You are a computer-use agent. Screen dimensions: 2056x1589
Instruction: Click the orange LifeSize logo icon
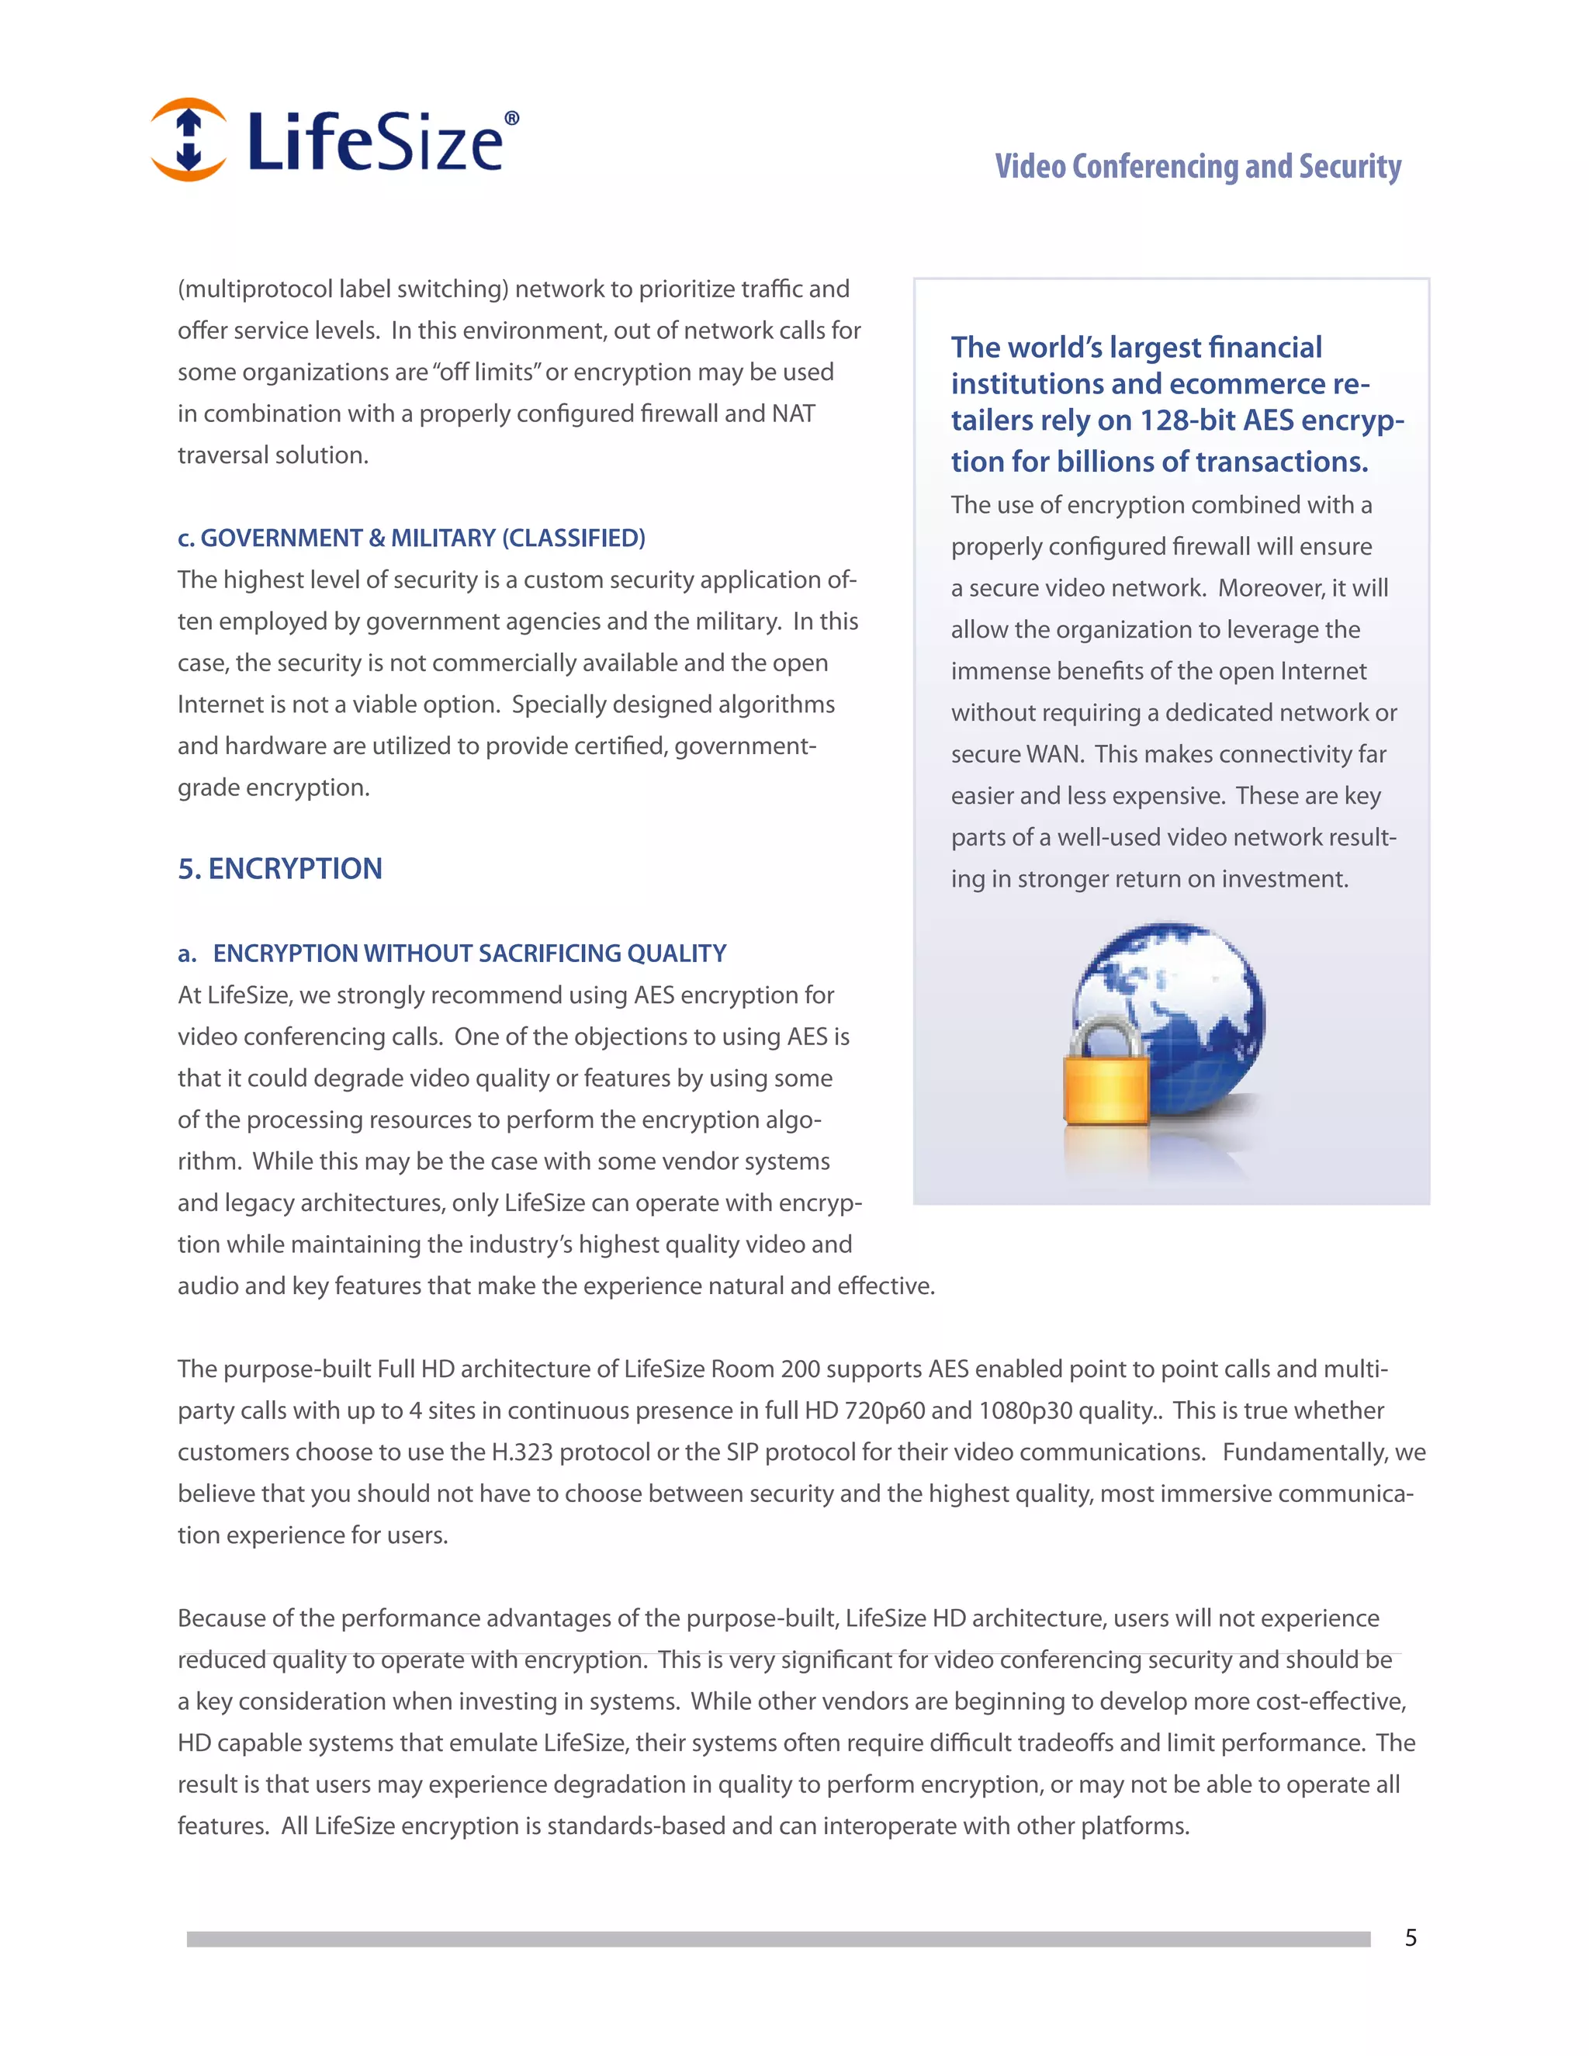click(189, 140)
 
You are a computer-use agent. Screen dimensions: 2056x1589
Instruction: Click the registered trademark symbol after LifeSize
click(512, 118)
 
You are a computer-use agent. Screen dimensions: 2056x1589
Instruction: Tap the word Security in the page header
click(1350, 167)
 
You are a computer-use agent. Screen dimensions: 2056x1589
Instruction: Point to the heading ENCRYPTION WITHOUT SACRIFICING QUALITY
click(469, 953)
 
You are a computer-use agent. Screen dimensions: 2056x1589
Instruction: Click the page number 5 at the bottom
click(1410, 1937)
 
